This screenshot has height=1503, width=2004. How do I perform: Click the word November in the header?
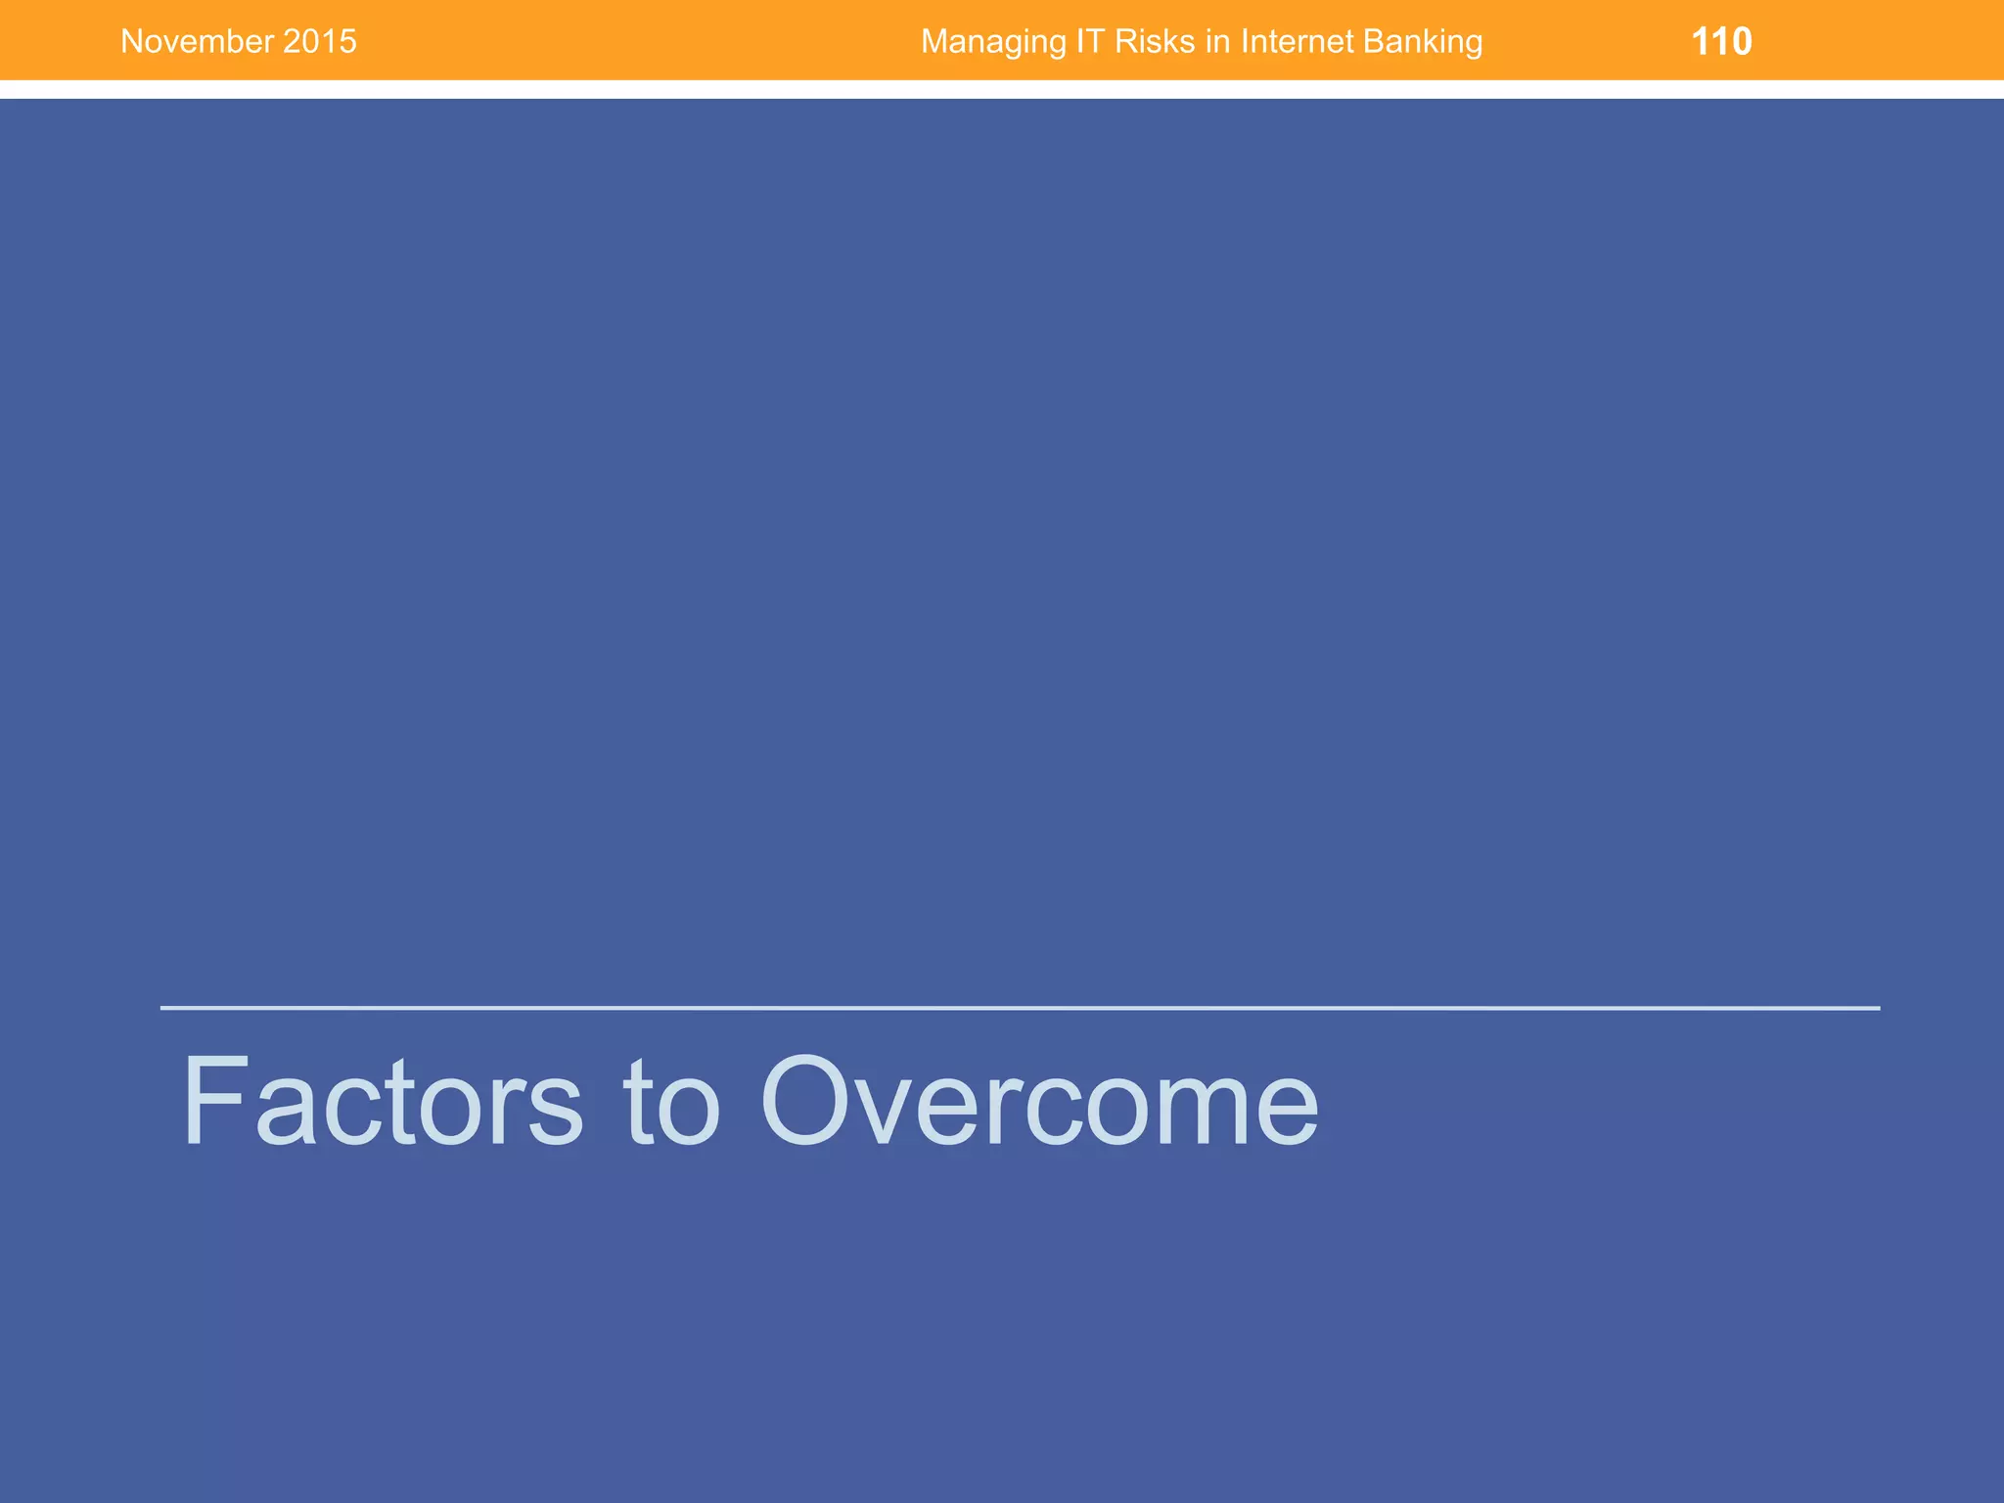(x=197, y=42)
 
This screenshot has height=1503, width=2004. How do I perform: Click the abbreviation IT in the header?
(x=1082, y=42)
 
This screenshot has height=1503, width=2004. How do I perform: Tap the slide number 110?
(x=1721, y=42)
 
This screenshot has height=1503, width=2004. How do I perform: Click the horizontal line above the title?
(x=1018, y=1007)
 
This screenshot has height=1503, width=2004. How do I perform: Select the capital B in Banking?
(x=1375, y=42)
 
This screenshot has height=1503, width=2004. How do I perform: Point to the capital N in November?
(x=131, y=42)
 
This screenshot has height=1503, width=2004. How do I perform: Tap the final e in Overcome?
(x=1285, y=1111)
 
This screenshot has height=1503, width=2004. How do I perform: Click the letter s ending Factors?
(x=556, y=1111)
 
